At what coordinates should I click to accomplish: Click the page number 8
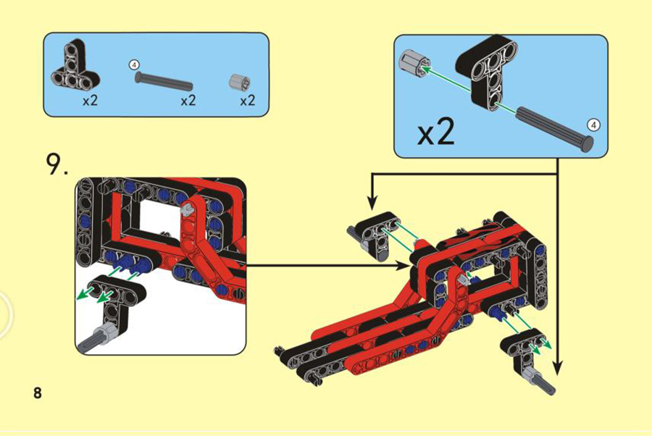click(38, 393)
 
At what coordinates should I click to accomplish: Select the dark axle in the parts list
click(164, 80)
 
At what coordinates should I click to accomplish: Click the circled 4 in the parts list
click(134, 65)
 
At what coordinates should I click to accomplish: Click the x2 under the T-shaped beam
click(90, 100)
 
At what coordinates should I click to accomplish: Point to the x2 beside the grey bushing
click(248, 100)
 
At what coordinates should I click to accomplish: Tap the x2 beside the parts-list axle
click(188, 100)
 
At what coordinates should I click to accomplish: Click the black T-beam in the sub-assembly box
click(487, 71)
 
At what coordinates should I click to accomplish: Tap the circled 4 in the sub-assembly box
click(594, 125)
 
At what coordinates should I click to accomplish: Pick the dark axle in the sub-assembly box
click(554, 129)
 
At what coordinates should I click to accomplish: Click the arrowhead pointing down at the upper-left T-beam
click(372, 202)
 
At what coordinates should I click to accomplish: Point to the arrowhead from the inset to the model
click(403, 265)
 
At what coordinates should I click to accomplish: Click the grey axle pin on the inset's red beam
click(187, 209)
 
